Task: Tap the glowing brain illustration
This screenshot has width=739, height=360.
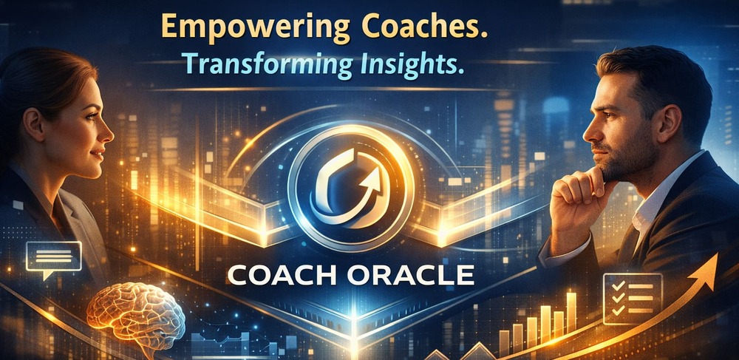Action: (x=136, y=316)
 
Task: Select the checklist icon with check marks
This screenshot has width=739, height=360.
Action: (x=633, y=299)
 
